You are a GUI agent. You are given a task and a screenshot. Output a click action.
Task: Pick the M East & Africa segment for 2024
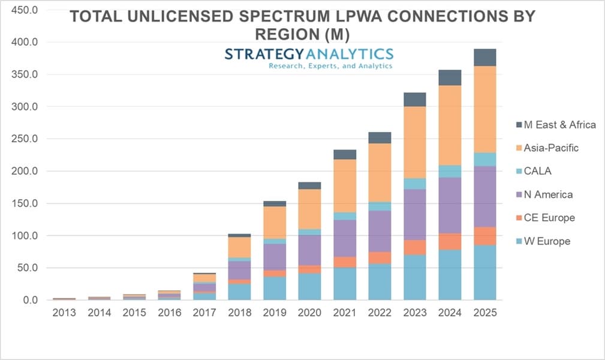450,77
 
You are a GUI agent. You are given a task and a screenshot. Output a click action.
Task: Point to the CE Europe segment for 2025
484,236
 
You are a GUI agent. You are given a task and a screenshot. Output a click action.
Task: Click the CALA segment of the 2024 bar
450,171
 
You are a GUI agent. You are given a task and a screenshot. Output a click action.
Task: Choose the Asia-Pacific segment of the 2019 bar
275,222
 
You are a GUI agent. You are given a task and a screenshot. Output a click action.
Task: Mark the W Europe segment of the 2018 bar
240,292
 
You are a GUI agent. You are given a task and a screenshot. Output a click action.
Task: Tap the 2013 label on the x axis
65,313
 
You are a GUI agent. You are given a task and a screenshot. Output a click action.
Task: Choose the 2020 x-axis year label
309,313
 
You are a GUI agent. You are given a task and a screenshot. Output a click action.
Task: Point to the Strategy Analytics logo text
309,54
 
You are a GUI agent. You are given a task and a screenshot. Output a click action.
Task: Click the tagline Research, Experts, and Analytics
330,66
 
